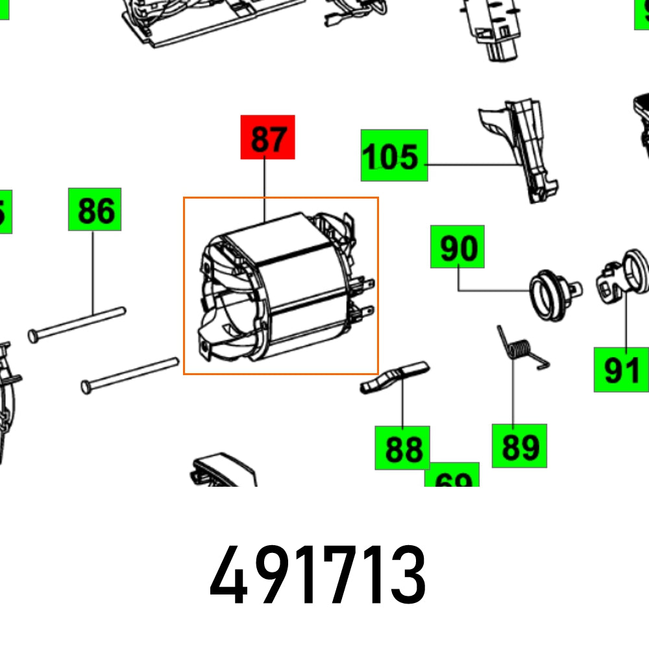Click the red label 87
(x=268, y=137)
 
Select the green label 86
(x=95, y=209)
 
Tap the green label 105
(x=394, y=155)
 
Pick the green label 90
(x=458, y=247)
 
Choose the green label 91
(x=621, y=369)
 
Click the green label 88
(x=402, y=448)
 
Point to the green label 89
(x=519, y=446)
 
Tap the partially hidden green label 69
(x=452, y=477)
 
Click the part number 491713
(x=318, y=574)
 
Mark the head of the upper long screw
(x=34, y=334)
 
